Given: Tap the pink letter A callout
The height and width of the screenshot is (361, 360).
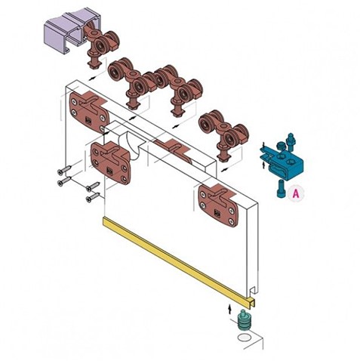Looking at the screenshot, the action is point(296,194).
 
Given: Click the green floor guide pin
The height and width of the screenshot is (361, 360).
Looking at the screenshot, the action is point(244,320).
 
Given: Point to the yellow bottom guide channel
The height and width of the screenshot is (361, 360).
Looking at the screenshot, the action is point(179,262).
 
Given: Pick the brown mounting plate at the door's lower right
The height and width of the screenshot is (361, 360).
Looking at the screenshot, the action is point(218,205).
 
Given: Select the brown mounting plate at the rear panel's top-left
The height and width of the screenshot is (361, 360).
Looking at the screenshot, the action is point(88,111).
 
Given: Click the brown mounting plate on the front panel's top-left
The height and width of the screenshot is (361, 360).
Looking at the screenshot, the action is point(111,162).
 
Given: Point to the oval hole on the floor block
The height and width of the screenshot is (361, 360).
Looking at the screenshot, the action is point(244,338).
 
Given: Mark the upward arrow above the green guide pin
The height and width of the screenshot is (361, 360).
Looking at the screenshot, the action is point(229,309).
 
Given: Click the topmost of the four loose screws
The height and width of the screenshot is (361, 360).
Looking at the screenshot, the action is point(64,170).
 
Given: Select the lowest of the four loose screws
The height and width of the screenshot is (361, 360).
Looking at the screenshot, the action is point(93,197).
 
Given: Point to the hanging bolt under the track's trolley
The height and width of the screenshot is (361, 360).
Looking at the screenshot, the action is point(94,61).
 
